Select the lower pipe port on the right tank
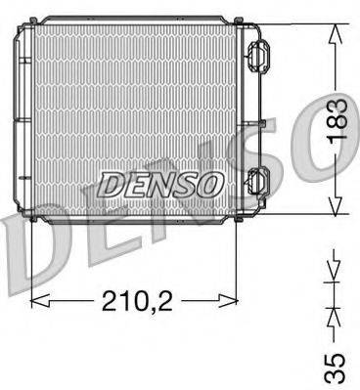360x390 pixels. pyautogui.click(x=258, y=182)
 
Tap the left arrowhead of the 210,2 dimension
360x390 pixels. pyautogui.click(x=40, y=298)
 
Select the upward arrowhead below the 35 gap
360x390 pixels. pyautogui.click(x=335, y=314)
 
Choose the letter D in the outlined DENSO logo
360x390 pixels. pyautogui.click(x=110, y=183)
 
